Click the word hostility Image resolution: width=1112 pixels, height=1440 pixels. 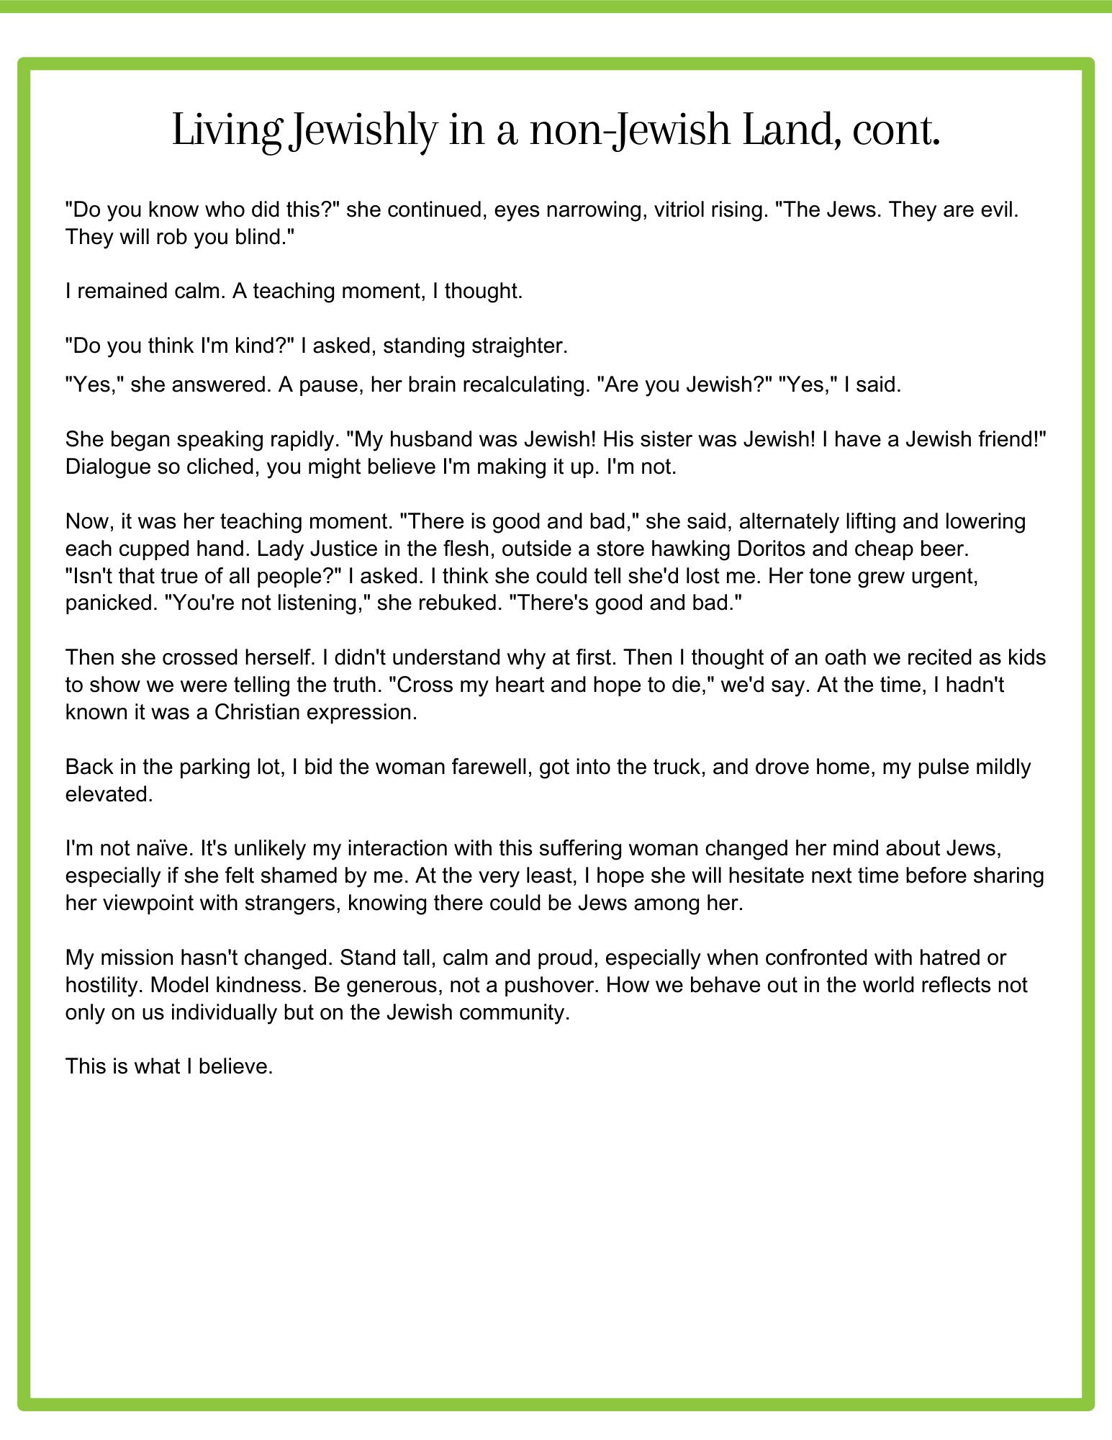point(105,985)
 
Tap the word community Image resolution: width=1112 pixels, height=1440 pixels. point(516,1012)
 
